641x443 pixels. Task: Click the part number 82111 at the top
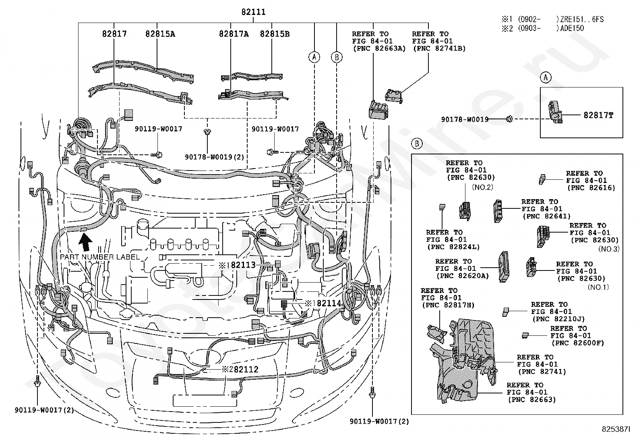(x=253, y=12)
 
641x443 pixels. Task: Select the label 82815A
(x=160, y=34)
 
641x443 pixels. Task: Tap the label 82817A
(x=234, y=34)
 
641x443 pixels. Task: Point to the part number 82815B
(x=275, y=34)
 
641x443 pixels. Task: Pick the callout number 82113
(x=243, y=265)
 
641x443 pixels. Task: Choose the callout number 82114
(x=329, y=303)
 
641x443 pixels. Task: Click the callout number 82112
(x=246, y=369)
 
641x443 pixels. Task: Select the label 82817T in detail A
(x=598, y=115)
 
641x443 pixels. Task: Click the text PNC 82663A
(x=379, y=48)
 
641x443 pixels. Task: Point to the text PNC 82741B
(x=440, y=48)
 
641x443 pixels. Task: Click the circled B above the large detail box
(x=417, y=144)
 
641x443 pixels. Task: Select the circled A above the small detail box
(x=546, y=77)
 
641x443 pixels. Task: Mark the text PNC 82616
(x=591, y=188)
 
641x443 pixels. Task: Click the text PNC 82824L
(x=453, y=247)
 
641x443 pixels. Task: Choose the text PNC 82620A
(x=463, y=276)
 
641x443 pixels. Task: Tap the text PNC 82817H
(x=449, y=305)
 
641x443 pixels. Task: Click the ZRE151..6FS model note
(x=582, y=19)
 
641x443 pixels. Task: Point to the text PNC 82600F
(x=578, y=343)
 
